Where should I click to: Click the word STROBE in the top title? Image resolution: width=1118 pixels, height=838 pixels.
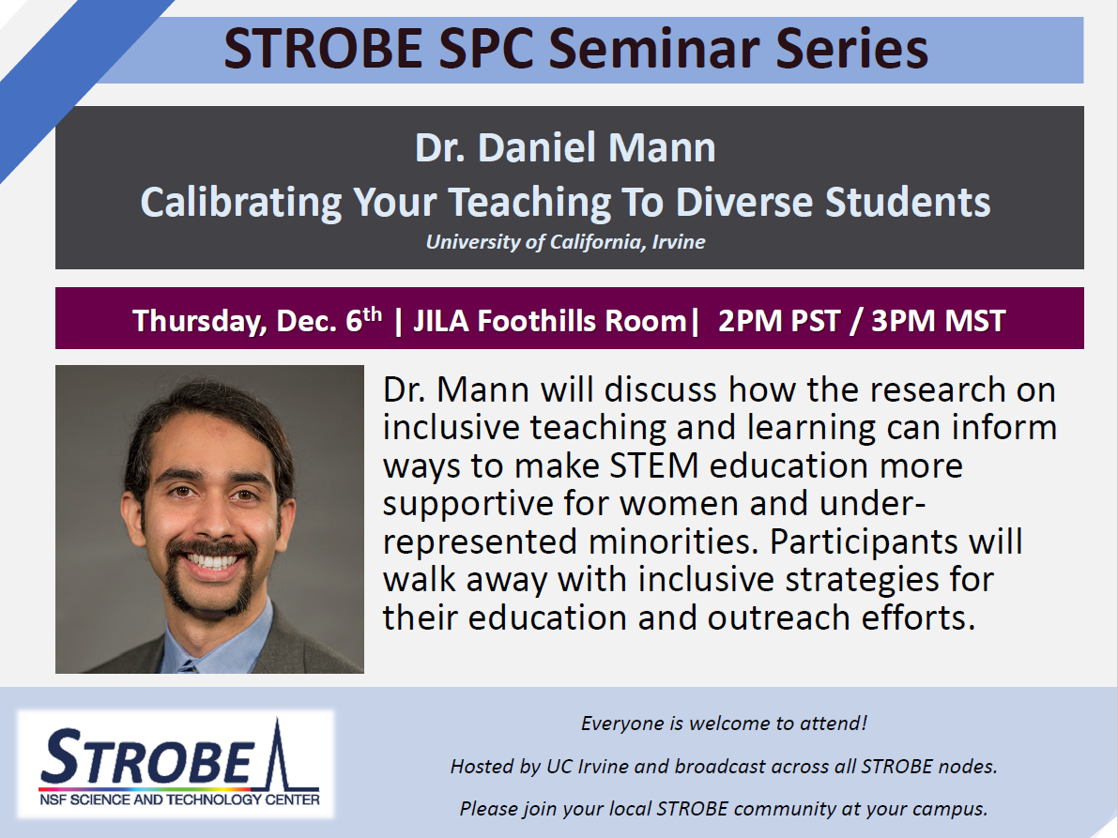click(323, 49)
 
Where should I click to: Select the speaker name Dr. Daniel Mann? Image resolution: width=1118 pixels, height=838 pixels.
click(565, 147)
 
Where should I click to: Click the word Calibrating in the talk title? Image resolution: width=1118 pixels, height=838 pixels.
click(241, 203)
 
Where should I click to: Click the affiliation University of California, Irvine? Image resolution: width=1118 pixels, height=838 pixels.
click(565, 242)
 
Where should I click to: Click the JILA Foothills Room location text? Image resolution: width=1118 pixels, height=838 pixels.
click(550, 321)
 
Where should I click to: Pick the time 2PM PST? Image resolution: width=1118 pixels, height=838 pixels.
click(778, 321)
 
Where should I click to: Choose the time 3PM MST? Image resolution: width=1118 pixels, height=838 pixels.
click(939, 321)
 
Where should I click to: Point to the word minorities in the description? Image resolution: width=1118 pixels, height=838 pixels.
click(672, 541)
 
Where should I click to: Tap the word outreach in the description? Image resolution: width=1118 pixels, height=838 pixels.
click(778, 617)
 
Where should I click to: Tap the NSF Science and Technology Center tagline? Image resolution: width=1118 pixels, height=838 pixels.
click(179, 800)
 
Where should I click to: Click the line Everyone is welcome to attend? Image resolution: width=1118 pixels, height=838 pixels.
click(724, 724)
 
